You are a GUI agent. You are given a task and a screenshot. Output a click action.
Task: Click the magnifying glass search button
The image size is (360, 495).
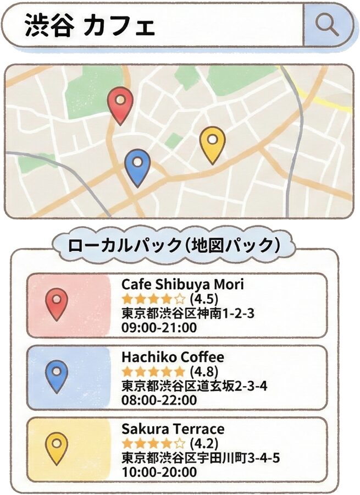coord(328,25)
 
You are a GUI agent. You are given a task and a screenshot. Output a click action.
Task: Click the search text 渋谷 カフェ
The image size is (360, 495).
coord(90,26)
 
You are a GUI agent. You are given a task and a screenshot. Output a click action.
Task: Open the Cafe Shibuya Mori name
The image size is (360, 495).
coord(182,284)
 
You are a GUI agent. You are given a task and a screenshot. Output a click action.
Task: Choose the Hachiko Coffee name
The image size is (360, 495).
coord(173,356)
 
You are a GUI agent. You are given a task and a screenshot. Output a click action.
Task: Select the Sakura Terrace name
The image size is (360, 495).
coord(173,428)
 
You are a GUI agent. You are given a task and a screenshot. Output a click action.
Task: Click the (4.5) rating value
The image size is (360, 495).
coord(204,299)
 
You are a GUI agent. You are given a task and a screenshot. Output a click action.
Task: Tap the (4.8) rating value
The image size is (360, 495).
coord(204,371)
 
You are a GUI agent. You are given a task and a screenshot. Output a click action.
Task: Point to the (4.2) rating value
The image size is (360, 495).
coord(204,443)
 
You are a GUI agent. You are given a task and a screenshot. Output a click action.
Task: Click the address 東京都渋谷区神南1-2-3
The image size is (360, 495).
coord(187,313)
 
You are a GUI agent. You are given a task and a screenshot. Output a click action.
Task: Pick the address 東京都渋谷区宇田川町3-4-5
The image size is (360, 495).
coord(200,458)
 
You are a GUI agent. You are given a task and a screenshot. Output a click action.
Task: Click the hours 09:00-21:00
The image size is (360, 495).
coord(159,328)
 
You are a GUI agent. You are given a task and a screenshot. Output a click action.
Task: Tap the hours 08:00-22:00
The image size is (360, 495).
coord(159,400)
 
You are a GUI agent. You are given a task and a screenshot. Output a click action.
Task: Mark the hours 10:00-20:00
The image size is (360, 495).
coord(159,472)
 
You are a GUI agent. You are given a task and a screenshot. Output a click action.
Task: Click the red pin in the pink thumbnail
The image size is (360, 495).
coord(57,302)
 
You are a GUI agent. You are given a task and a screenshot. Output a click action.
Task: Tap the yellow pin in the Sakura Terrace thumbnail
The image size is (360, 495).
coord(57,446)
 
